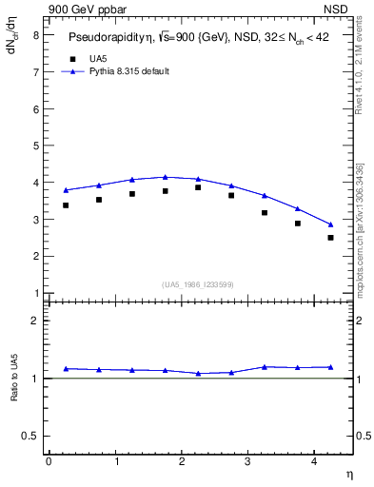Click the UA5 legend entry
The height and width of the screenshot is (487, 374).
[x=98, y=59]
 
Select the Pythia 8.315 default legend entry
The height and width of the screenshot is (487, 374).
[x=128, y=71]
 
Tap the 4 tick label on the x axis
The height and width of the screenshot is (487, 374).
[x=315, y=461]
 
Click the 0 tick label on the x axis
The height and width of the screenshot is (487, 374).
[x=49, y=461]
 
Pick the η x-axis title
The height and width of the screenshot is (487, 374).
[x=349, y=474]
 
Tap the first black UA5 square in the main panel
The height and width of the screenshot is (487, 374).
[x=66, y=205]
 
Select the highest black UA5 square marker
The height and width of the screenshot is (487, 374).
[x=198, y=187]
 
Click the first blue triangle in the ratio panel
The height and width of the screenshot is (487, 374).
[x=66, y=368]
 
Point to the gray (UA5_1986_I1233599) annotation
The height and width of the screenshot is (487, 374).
[x=198, y=284]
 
